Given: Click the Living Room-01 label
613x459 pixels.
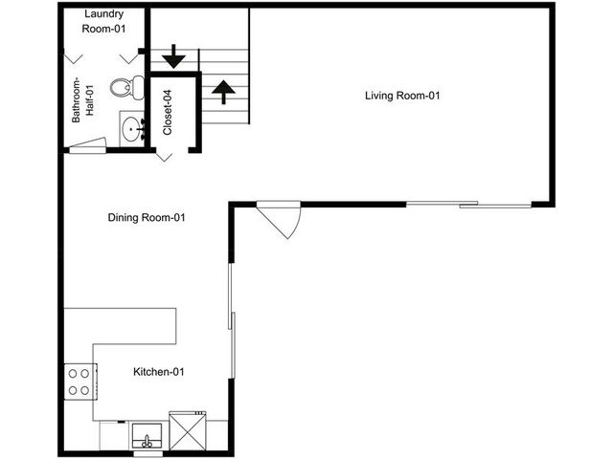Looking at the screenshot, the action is tap(402, 96).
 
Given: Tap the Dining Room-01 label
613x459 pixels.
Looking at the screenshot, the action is tap(147, 217).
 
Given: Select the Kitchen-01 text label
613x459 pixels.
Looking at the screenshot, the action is tap(159, 372).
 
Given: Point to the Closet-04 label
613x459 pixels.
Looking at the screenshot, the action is tap(168, 113).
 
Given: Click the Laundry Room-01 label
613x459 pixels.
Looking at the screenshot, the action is tap(104, 21).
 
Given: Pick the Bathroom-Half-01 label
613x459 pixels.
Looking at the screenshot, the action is tap(83, 99).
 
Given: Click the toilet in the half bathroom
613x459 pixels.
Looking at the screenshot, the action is tap(127, 87).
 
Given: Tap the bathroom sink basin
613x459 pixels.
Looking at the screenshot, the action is tap(130, 128).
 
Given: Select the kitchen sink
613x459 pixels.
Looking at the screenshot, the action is tap(147, 436).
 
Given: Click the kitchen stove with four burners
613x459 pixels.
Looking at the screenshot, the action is tap(80, 382).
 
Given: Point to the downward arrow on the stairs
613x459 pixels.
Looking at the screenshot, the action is tap(173, 56).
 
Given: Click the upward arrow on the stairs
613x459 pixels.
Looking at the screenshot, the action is tap(223, 92).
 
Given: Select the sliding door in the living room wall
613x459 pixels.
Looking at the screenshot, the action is tap(468, 204).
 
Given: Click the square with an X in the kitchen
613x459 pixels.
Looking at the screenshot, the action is tap(188, 431).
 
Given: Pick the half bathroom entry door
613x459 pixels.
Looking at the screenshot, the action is tap(87, 145).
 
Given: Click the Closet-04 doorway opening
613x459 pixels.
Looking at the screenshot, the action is tap(172, 150).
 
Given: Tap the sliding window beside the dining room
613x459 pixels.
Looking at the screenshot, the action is tap(232, 321).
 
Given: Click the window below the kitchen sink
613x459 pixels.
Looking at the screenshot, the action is tap(148, 454).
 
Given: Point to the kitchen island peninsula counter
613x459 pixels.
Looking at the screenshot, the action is tap(120, 326).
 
